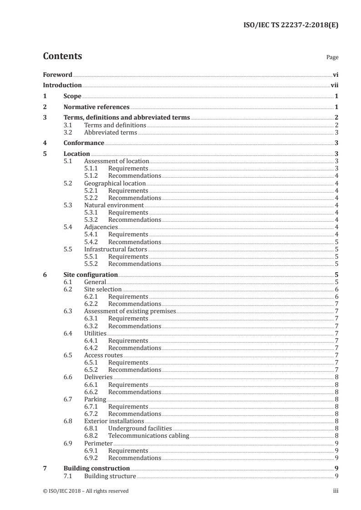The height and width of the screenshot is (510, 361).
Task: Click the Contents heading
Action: point(62,56)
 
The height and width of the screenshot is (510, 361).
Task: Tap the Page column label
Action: point(332,58)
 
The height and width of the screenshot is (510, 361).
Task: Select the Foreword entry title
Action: point(57,74)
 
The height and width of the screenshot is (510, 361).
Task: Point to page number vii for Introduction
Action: point(334,85)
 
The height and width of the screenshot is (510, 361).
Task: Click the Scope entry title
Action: point(72,96)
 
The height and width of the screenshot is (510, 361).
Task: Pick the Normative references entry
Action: point(97,107)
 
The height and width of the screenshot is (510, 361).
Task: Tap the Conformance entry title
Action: point(84,143)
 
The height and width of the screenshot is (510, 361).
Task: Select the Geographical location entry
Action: point(115,183)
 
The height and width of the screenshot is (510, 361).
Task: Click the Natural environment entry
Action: point(114,205)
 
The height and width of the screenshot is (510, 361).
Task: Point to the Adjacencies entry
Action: point(101,227)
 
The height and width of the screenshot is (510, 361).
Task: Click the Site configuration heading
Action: point(91,275)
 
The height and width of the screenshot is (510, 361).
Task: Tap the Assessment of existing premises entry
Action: point(130,311)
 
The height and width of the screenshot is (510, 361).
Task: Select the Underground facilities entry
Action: point(140,428)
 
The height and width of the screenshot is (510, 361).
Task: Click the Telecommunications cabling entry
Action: point(148,435)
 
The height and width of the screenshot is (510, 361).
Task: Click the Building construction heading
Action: point(97,468)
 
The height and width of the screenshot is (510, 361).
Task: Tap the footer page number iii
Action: point(336,491)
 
